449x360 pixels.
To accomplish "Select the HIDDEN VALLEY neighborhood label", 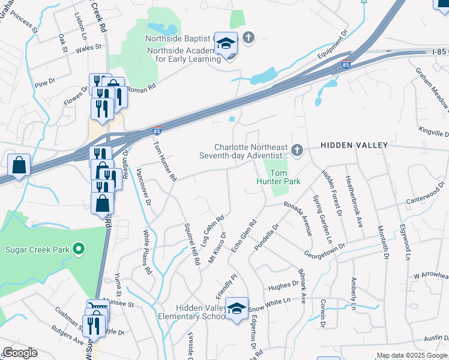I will tap(354, 145).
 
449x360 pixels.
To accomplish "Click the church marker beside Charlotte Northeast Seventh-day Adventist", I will tap(296, 149).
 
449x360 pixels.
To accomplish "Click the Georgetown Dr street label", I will tap(324, 250).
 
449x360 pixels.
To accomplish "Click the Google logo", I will tap(20, 353).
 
